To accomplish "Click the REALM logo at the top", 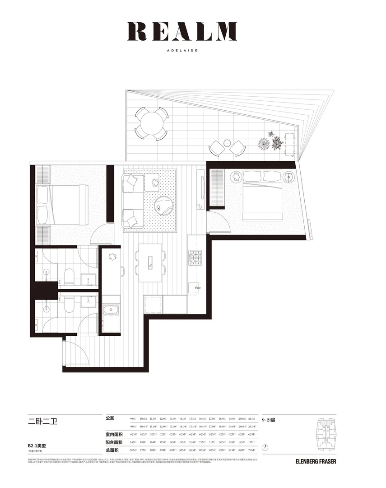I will coord(182,31).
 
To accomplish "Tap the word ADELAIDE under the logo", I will coord(182,51).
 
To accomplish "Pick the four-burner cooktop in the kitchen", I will coord(194,258).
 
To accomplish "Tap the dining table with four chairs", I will coord(151,263).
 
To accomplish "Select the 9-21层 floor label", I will coord(268,420).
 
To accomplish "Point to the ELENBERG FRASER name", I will coord(316,461).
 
